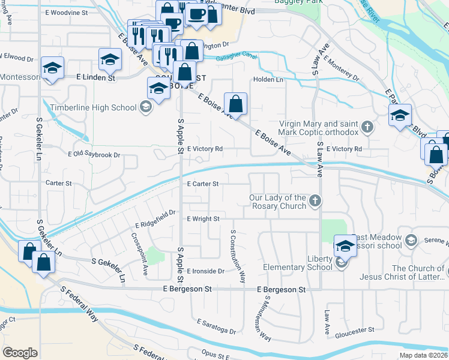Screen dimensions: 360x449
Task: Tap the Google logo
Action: tap(20, 353)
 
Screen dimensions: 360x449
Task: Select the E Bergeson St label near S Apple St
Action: tap(188, 289)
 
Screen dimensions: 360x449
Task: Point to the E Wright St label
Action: tap(203, 219)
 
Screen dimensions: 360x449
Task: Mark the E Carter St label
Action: tap(202, 184)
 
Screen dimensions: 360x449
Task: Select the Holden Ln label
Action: tap(268, 79)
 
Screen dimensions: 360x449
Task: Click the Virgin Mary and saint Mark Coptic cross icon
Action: tap(367, 127)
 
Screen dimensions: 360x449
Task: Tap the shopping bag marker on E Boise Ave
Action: tap(237, 103)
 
